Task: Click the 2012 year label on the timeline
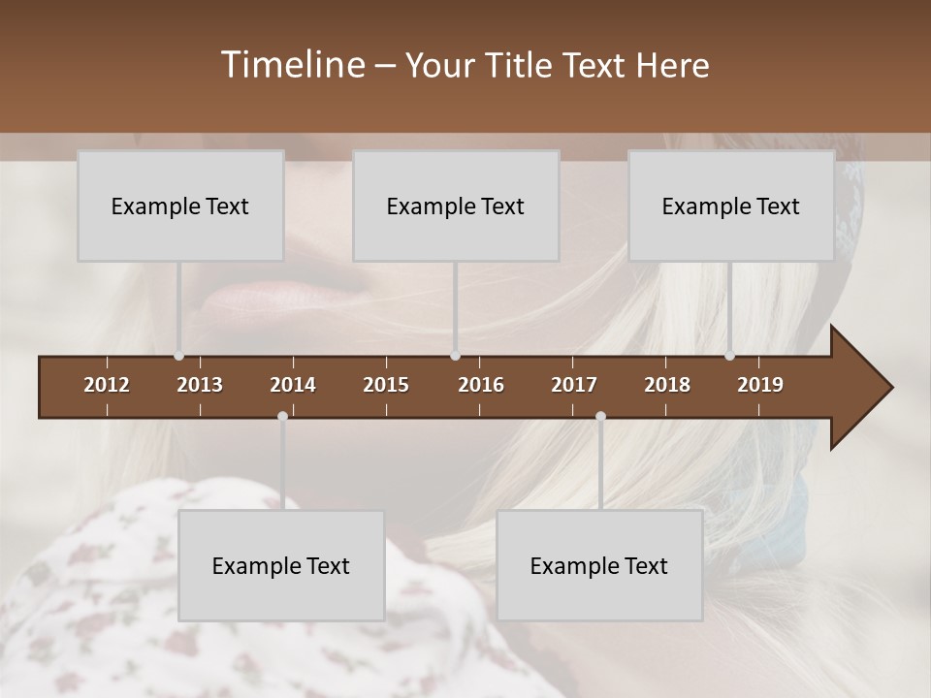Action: click(107, 385)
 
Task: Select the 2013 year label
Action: click(200, 385)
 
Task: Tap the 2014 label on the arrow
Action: click(293, 385)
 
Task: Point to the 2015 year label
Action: click(386, 385)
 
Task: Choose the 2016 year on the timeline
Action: click(481, 385)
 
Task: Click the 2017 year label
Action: click(574, 385)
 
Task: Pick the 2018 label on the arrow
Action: click(667, 385)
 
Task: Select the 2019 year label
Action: click(760, 385)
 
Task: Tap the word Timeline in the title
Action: click(293, 65)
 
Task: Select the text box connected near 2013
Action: click(180, 206)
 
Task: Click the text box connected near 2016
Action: click(456, 206)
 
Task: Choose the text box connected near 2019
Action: click(731, 206)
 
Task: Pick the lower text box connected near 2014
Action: click(281, 565)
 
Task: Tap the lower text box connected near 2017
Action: click(599, 565)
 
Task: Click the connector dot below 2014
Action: click(282, 417)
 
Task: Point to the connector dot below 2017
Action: click(600, 417)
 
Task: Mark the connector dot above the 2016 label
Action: click(456, 356)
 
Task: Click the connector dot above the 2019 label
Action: click(730, 356)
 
